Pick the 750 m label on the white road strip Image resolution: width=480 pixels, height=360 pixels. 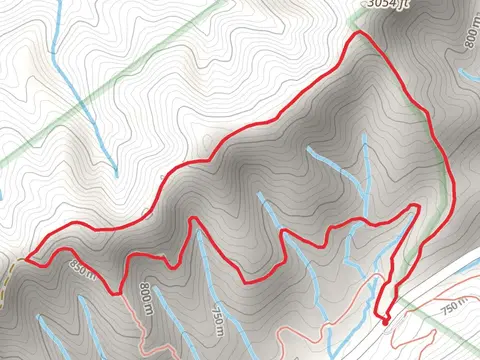[456, 305]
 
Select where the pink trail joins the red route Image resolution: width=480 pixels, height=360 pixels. [122, 292]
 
